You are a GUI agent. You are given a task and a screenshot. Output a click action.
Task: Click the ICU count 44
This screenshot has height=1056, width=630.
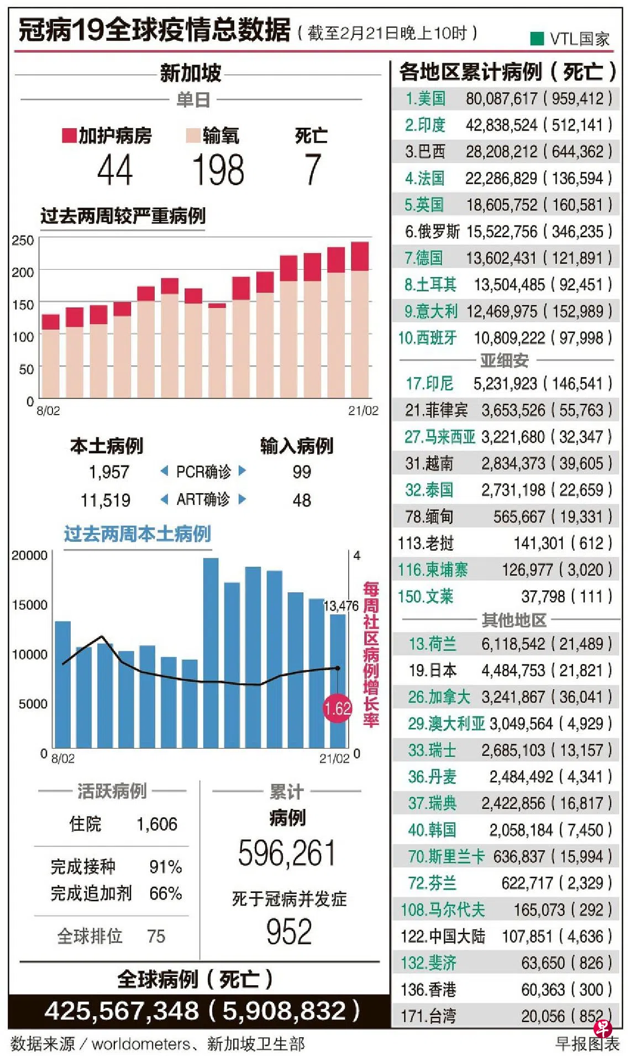click(x=115, y=170)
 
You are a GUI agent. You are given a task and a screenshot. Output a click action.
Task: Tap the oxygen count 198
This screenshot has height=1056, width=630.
click(x=218, y=170)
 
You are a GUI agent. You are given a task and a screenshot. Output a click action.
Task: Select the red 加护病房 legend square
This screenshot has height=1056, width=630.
click(x=69, y=135)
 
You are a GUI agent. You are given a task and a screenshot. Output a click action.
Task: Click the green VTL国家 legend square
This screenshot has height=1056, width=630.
click(x=537, y=38)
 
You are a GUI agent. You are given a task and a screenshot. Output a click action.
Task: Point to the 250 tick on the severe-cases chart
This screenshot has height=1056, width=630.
click(x=23, y=241)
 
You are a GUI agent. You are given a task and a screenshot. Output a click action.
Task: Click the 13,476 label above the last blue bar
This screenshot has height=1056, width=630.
click(x=340, y=606)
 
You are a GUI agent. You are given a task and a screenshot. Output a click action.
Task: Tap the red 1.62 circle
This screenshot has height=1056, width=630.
click(x=337, y=708)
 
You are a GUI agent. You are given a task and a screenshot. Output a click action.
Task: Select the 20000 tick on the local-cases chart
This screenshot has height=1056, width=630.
click(x=29, y=555)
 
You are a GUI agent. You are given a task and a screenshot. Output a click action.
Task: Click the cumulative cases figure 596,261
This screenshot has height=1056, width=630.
click(x=287, y=853)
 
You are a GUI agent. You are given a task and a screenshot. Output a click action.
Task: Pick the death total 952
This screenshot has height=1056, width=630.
click(x=289, y=932)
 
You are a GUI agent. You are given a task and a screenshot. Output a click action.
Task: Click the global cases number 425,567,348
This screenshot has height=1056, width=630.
click(x=122, y=1011)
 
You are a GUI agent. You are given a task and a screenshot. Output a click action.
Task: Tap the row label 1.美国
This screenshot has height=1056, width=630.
click(x=425, y=98)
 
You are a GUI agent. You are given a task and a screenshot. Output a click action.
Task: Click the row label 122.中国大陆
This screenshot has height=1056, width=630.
click(x=443, y=937)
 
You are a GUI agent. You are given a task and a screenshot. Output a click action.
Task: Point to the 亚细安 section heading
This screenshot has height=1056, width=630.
click(x=504, y=360)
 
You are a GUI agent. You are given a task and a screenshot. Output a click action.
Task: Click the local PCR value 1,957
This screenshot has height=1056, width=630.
click(x=109, y=472)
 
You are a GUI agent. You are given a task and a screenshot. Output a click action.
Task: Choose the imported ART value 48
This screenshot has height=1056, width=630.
click(x=302, y=500)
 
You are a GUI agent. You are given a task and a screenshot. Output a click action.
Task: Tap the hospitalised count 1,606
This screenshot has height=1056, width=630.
click(x=157, y=824)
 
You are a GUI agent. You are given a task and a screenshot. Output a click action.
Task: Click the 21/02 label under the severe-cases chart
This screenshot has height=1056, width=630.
click(x=363, y=411)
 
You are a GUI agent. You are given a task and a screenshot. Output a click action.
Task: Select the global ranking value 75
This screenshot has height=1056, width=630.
click(x=156, y=936)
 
